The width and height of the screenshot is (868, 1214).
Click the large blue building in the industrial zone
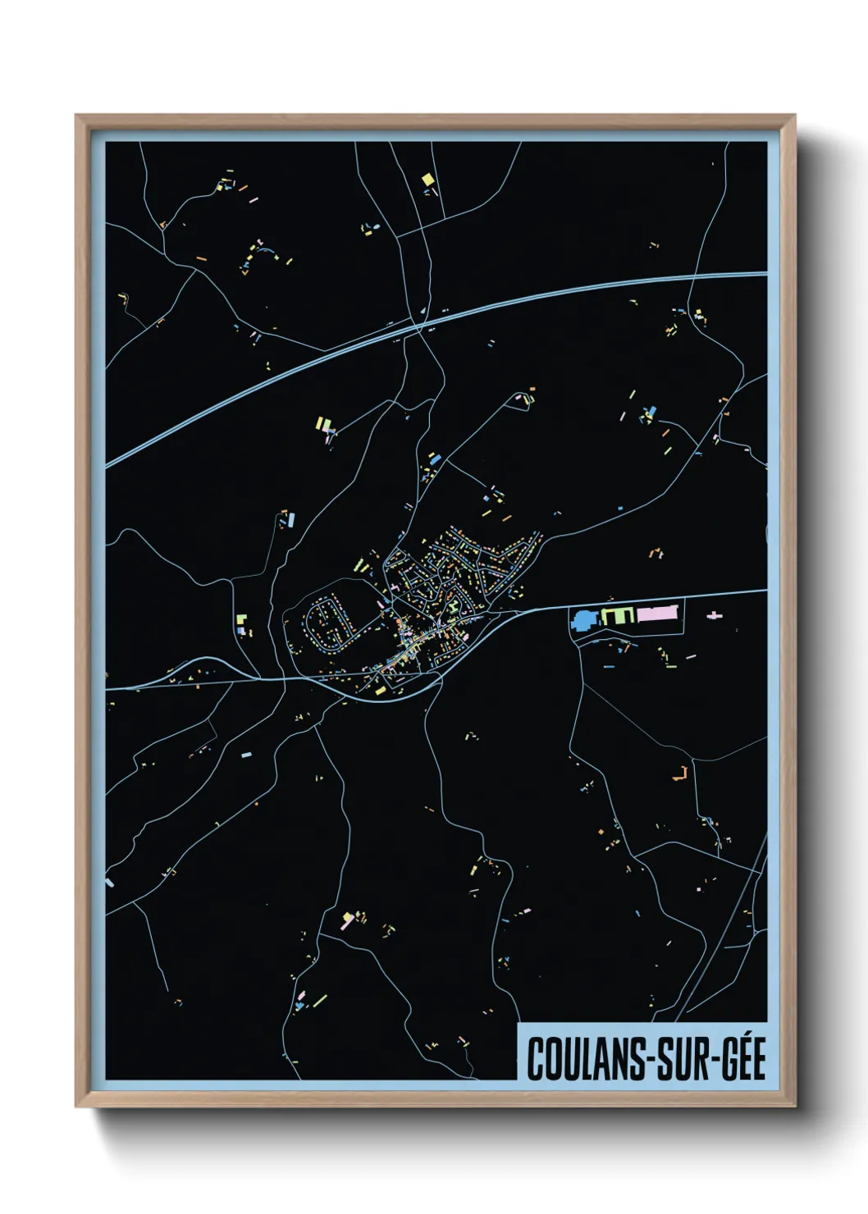pyautogui.click(x=584, y=620)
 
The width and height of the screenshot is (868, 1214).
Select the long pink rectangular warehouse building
pyautogui.click(x=659, y=614)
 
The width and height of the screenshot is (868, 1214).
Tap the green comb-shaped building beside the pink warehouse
pyautogui.click(x=618, y=614)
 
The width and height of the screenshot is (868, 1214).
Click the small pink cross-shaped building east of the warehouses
pyautogui.click(x=715, y=614)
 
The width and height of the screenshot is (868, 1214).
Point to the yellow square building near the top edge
pyautogui.click(x=427, y=179)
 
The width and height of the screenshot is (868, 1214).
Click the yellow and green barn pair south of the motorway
pyautogui.click(x=324, y=424)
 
